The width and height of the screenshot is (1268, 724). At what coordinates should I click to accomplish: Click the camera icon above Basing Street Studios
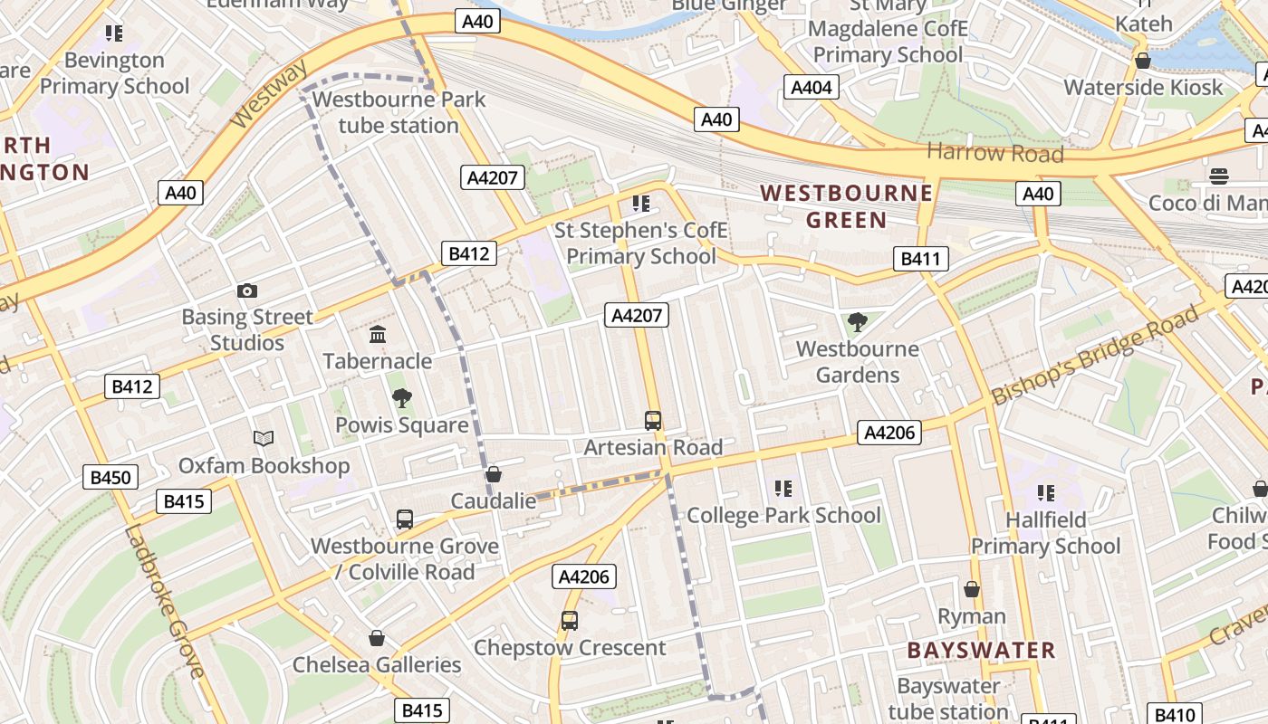[246, 291]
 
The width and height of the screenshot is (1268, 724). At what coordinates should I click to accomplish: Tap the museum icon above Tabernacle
[378, 335]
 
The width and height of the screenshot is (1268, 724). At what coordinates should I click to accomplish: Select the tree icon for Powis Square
[402, 398]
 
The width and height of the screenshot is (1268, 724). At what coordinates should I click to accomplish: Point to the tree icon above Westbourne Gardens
[856, 322]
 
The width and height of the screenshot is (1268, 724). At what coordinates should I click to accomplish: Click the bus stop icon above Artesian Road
[653, 421]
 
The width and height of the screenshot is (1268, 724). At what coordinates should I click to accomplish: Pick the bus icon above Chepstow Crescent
[569, 621]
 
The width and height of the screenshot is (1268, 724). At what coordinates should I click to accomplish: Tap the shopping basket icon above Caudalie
[494, 474]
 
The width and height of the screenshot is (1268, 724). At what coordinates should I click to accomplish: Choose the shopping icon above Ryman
[972, 590]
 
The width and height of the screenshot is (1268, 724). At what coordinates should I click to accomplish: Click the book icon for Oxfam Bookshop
[264, 439]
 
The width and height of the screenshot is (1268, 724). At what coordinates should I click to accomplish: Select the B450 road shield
[110, 477]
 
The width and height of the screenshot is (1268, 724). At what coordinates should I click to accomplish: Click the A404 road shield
[811, 87]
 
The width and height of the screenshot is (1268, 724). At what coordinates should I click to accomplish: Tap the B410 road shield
[1175, 713]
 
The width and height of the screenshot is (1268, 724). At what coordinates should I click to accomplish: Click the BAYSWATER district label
[981, 651]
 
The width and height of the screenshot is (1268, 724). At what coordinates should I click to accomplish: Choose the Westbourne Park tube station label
[399, 112]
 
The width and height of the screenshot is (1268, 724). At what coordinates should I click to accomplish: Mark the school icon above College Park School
[783, 490]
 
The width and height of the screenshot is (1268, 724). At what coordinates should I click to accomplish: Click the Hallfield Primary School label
[1046, 533]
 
